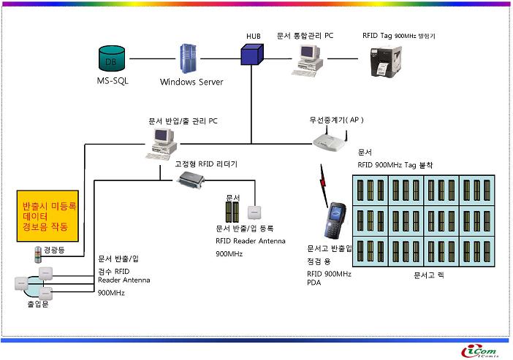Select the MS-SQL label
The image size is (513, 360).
pyautogui.click(x=113, y=81)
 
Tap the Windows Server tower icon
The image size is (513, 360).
pyautogui.click(x=189, y=59)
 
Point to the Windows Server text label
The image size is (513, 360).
pyautogui.click(x=191, y=82)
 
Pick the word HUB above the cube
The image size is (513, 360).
pyautogui.click(x=254, y=37)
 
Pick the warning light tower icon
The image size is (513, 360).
pyautogui.click(x=37, y=254)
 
